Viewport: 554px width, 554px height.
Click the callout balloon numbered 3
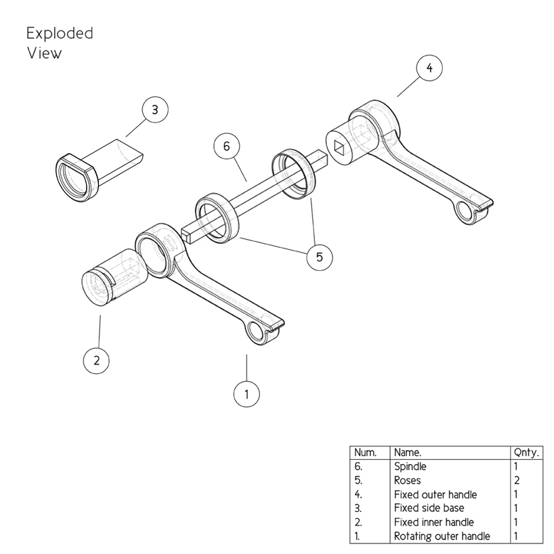click(155, 110)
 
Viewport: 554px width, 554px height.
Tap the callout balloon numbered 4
click(429, 68)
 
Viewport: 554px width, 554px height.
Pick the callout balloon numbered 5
click(319, 257)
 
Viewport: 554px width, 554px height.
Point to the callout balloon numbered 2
click(96, 360)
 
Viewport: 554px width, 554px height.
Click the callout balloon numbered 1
click(247, 393)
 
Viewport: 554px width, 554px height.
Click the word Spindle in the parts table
click(410, 467)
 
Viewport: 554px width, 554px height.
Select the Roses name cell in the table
click(408, 480)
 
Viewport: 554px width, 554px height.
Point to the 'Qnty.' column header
click(526, 452)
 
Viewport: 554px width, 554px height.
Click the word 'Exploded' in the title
click(60, 33)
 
